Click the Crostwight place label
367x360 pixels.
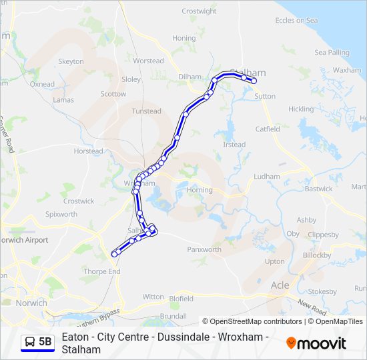tap(199, 11)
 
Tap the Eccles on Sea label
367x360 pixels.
tap(296, 21)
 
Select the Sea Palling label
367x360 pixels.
tap(332, 53)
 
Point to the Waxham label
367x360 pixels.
tap(346, 70)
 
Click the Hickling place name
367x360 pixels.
tap(300, 109)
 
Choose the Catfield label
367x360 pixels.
tap(268, 129)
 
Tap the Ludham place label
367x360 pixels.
tap(267, 177)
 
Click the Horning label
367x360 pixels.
tap(200, 190)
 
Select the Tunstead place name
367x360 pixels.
tap(146, 111)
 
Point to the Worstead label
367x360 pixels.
tap(148, 61)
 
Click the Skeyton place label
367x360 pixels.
tap(71, 61)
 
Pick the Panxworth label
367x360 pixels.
tap(204, 250)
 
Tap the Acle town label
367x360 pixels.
tap(280, 285)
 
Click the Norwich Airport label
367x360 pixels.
tap(24, 240)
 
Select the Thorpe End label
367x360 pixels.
tap(102, 272)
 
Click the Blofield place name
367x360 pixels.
tap(181, 299)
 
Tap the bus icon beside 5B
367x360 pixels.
tap(30, 342)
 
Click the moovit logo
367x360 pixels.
tap(316, 343)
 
